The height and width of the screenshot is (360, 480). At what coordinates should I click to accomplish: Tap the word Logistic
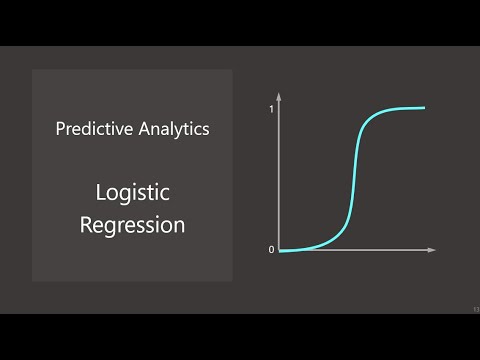click(x=132, y=193)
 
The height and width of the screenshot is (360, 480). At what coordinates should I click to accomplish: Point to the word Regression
click(x=132, y=225)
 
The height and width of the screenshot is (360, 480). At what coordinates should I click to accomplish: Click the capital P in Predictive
click(x=60, y=129)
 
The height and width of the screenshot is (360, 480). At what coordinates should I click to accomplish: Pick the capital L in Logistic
click(x=100, y=193)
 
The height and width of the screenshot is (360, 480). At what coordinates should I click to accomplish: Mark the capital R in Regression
click(x=86, y=224)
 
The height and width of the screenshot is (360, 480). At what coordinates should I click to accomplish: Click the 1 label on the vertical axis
click(x=271, y=108)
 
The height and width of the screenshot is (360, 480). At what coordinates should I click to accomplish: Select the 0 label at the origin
click(x=271, y=250)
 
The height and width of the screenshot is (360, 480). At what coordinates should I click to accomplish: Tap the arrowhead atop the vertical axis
click(x=279, y=94)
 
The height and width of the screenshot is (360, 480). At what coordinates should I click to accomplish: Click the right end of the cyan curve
click(x=424, y=108)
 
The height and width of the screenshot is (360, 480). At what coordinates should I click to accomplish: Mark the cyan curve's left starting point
click(x=281, y=250)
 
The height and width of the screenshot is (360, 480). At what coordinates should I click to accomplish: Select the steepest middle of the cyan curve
click(x=352, y=180)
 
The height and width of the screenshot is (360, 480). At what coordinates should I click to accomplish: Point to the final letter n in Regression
click(x=179, y=226)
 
